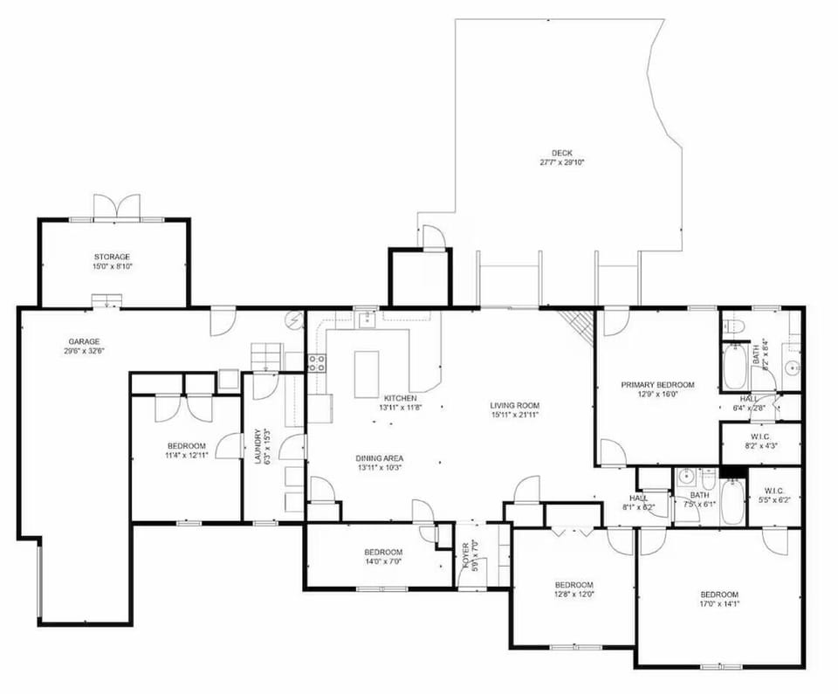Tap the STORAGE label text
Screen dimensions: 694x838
click(x=113, y=257)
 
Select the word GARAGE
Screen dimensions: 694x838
click(x=85, y=341)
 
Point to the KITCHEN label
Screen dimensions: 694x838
click(x=400, y=398)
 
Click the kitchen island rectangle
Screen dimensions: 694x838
click(x=367, y=374)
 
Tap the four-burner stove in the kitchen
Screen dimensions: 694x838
click(x=316, y=363)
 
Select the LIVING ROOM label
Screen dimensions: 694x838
click(x=514, y=405)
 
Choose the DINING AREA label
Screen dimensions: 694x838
click(x=379, y=458)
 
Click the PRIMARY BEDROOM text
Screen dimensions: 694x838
click(x=657, y=384)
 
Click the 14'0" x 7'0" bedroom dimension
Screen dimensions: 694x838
click(x=383, y=562)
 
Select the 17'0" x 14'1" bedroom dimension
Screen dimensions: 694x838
click(x=719, y=603)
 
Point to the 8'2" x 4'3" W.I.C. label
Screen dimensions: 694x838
click(x=760, y=445)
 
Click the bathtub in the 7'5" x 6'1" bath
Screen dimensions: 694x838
click(x=732, y=501)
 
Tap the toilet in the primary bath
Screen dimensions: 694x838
click(x=734, y=326)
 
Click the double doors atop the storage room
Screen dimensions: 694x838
click(x=117, y=206)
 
